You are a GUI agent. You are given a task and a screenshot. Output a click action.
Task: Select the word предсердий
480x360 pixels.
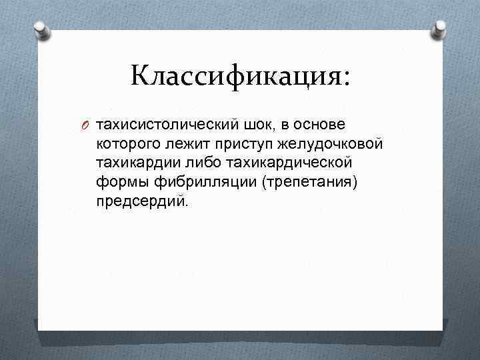pyautogui.click(x=142, y=201)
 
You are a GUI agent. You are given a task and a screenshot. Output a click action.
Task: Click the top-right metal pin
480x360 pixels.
pyautogui.click(x=439, y=28)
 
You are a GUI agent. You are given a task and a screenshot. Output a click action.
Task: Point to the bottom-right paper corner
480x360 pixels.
pyautogui.click(x=441, y=329)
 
